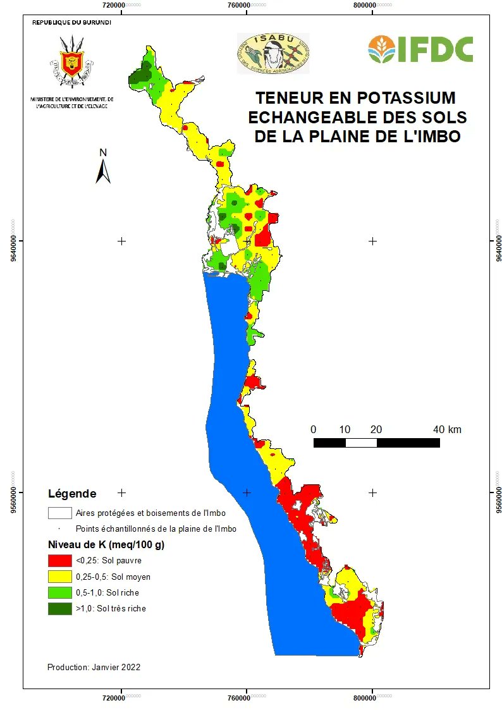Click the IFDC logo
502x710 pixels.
[420, 49]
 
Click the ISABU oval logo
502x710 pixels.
[272, 53]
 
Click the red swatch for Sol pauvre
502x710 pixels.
[59, 560]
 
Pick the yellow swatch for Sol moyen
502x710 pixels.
[59, 577]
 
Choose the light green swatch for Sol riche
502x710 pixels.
[59, 593]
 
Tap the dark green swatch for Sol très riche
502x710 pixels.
[59, 609]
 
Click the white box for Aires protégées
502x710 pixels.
[59, 513]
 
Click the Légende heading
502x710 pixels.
[72, 494]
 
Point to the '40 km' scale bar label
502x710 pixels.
[447, 430]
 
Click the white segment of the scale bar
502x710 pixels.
[361, 443]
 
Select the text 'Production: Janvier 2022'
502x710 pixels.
[94, 667]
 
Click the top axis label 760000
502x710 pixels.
[240, 5]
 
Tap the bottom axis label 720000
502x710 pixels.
[116, 697]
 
